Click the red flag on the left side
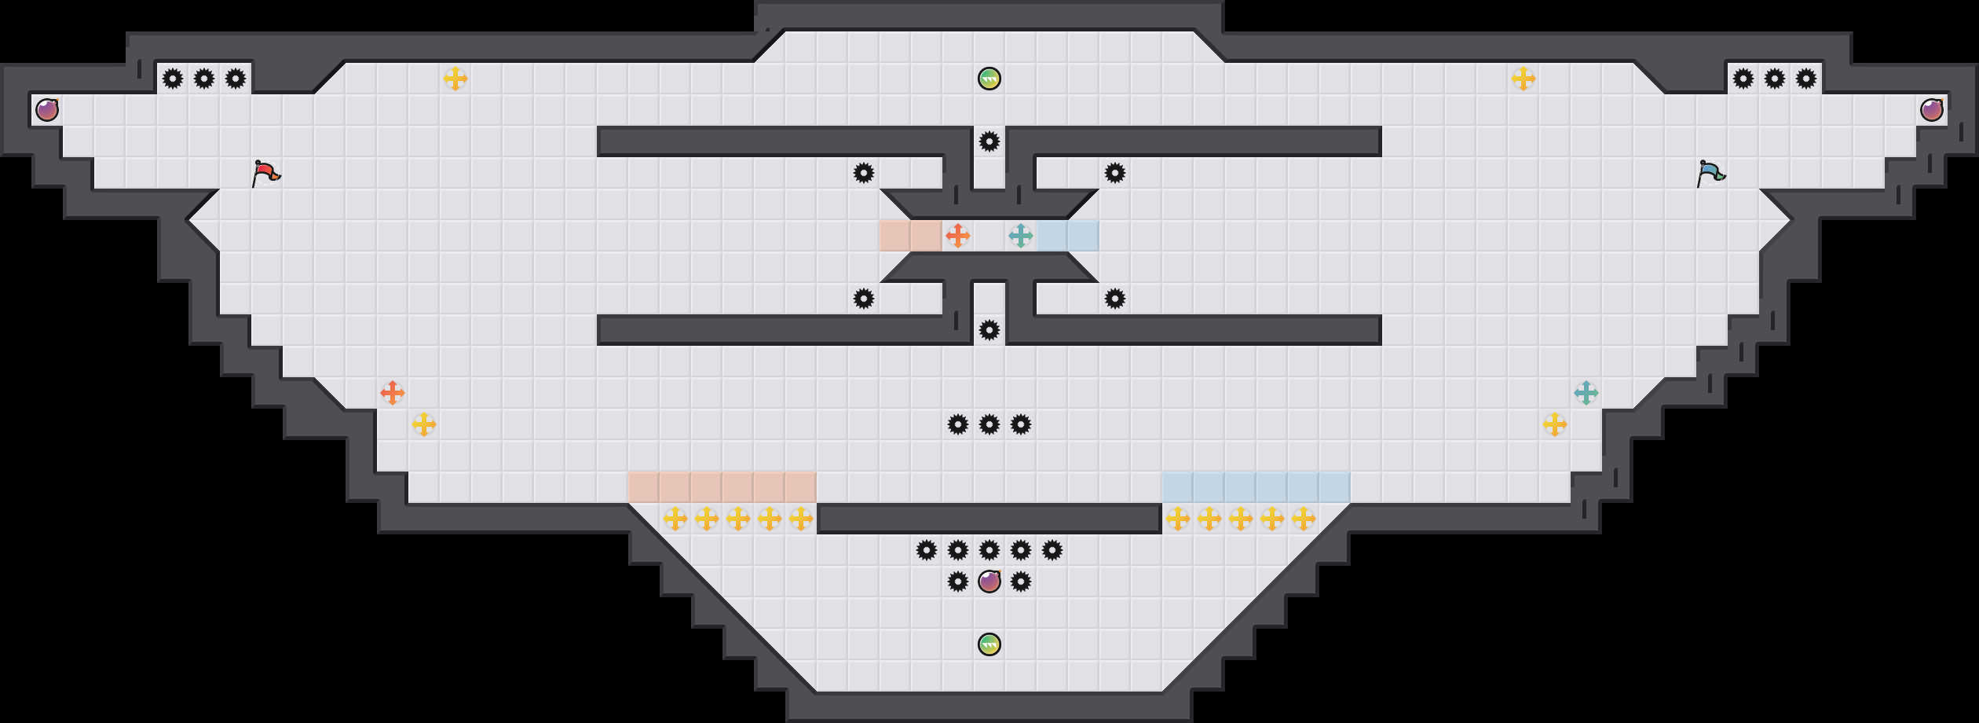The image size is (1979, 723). tap(265, 173)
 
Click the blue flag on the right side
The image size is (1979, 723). tap(1710, 173)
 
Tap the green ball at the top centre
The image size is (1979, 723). tap(989, 79)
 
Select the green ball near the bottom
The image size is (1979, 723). tap(989, 644)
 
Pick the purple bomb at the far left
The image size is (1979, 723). tap(47, 110)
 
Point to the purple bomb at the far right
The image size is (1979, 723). tap(1932, 110)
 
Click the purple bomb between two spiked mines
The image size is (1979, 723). tap(989, 582)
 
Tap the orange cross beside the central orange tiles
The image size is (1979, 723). tap(958, 236)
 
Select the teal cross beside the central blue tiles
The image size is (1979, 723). tap(1021, 236)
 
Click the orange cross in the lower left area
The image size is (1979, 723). tap(393, 393)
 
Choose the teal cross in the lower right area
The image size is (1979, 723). tap(1586, 393)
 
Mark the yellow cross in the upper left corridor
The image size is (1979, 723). tap(455, 79)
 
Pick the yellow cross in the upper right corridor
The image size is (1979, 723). tap(1524, 79)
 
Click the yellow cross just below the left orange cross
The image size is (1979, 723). tap(424, 424)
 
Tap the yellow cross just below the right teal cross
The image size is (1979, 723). tap(1555, 424)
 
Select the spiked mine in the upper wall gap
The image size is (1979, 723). tap(989, 141)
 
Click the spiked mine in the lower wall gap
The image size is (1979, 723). tap(989, 330)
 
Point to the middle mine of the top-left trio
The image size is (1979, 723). tap(204, 79)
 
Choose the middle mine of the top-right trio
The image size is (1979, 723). tap(1775, 79)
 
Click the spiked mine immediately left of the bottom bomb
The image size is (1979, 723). tap(958, 582)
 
